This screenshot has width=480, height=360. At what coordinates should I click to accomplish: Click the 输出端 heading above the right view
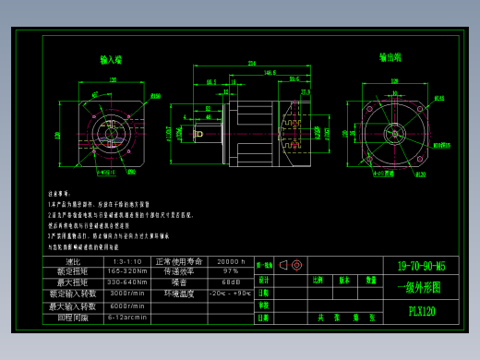390,56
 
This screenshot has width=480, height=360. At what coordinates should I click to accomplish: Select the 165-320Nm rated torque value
127,271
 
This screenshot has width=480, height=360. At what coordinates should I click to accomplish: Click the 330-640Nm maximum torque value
127,282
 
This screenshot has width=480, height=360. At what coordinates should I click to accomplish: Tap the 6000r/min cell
127,306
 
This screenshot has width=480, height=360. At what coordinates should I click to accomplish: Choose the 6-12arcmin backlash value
127,317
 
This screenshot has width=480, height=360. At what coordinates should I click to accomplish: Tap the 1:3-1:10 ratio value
127,261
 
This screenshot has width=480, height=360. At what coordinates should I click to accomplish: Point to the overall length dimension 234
251,64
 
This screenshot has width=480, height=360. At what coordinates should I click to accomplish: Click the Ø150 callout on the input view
154,95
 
